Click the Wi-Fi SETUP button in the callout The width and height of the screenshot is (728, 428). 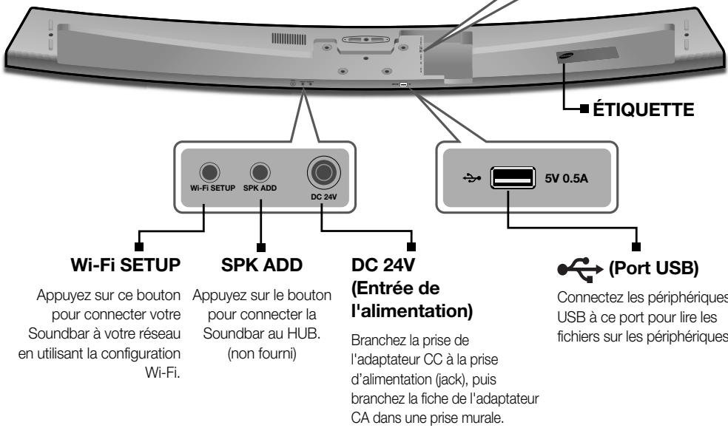click(x=211, y=172)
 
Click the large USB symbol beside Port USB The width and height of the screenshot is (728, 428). click(x=579, y=265)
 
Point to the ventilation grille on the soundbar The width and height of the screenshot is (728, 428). click(x=289, y=38)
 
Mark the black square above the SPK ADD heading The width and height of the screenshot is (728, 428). click(x=260, y=245)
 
